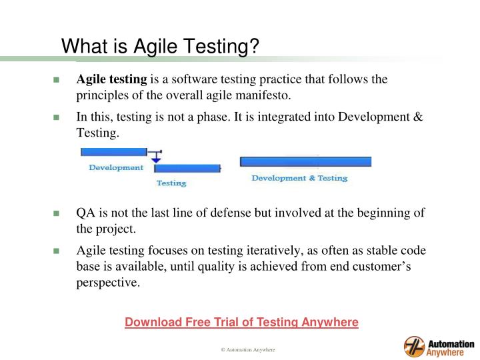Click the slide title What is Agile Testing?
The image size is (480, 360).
[x=160, y=46]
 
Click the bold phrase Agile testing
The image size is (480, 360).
[x=107, y=79]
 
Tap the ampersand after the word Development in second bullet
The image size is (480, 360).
[x=418, y=117]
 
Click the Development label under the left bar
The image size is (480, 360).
[x=116, y=167]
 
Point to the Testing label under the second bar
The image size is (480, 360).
[x=171, y=183]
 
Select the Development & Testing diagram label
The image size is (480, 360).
[x=299, y=178]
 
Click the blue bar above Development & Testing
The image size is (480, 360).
[x=305, y=162]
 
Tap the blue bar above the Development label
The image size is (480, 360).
[x=113, y=152]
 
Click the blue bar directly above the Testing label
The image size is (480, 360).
[x=187, y=169]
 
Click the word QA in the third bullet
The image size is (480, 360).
[x=85, y=213]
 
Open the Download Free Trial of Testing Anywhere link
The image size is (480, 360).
[x=241, y=323]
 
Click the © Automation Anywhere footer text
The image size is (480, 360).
[x=248, y=350]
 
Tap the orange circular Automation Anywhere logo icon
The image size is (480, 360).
[x=414, y=347]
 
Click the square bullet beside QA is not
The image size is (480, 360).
[x=57, y=214]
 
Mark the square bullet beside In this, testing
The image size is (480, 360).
[x=57, y=118]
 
